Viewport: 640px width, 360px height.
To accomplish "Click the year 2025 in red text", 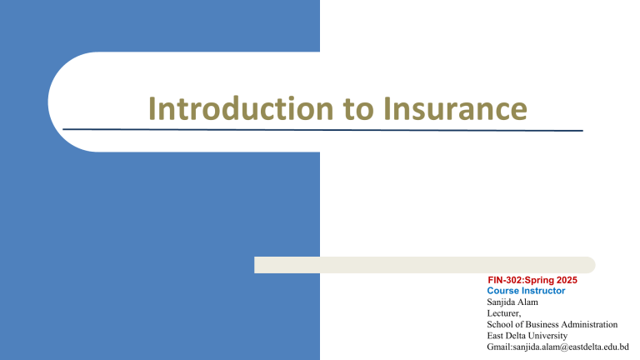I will pyautogui.click(x=565, y=282).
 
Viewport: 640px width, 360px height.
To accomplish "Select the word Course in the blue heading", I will pyautogui.click(x=503, y=291).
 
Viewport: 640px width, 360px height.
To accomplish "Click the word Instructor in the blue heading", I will pyautogui.click(x=544, y=291).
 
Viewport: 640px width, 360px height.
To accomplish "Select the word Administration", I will pyautogui.click(x=592, y=323).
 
